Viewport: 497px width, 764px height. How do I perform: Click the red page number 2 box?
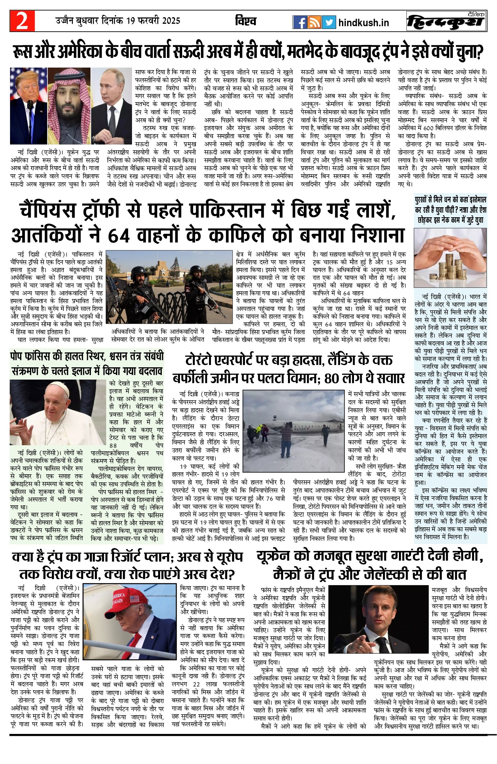(22, 21)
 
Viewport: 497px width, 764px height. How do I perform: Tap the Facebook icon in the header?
(300, 22)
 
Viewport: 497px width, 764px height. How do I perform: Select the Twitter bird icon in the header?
(329, 22)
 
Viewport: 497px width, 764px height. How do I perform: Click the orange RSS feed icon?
(314, 22)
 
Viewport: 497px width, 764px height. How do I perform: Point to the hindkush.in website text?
(363, 23)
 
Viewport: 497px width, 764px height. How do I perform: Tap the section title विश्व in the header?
(246, 21)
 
